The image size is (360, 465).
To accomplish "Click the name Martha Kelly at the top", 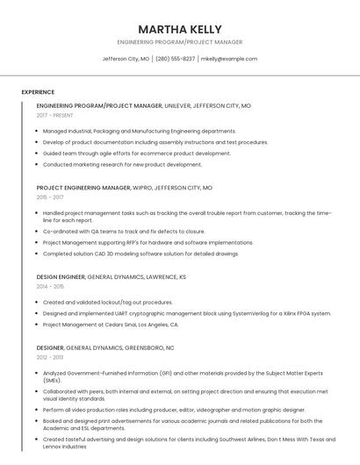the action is coord(179,29).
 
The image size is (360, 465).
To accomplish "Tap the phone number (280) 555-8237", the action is coord(176,59).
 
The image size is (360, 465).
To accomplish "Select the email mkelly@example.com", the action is coord(228,59).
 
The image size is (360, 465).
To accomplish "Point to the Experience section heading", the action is coord(38,92).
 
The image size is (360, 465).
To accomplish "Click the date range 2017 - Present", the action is coord(54,115).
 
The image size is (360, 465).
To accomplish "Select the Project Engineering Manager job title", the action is coord(83,188).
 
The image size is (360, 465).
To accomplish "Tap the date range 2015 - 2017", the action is coord(50,197).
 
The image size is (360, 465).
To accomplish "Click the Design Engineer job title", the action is coord(61,276).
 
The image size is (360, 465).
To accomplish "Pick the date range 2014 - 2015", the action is coord(50,286).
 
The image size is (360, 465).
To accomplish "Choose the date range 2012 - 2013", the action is coord(50,357).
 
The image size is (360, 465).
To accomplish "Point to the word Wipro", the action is coord(146,188).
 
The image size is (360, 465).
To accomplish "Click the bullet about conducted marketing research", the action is coord(122,164).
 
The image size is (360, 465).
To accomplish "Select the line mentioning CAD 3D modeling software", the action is coord(140,254).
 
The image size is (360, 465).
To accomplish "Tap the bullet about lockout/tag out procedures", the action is coord(107,302).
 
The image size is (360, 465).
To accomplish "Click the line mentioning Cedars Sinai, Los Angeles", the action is coord(111,325).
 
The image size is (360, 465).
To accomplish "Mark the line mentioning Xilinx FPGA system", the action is coord(187,313).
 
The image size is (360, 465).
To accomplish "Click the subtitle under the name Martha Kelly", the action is coord(179,42).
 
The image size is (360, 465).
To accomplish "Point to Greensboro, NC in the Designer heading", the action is coord(153,347).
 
